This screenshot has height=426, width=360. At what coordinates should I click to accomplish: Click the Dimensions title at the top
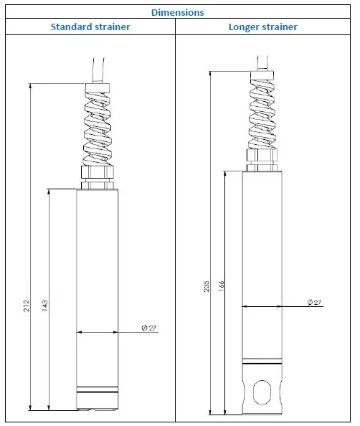[x=178, y=11]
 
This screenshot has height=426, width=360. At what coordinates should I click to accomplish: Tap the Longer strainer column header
[x=262, y=27]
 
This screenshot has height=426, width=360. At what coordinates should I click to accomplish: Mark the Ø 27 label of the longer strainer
[x=314, y=303]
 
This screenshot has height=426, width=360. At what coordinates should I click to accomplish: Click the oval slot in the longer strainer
[x=262, y=394]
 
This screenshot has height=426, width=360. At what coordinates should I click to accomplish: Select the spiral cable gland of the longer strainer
[x=262, y=115]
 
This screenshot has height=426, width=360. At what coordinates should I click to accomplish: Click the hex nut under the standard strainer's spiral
[x=97, y=173]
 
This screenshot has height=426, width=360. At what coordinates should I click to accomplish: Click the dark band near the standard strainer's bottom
[x=97, y=392]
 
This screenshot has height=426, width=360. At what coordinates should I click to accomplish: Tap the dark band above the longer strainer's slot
[x=262, y=359]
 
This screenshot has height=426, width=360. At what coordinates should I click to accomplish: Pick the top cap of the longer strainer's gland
[x=262, y=74]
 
